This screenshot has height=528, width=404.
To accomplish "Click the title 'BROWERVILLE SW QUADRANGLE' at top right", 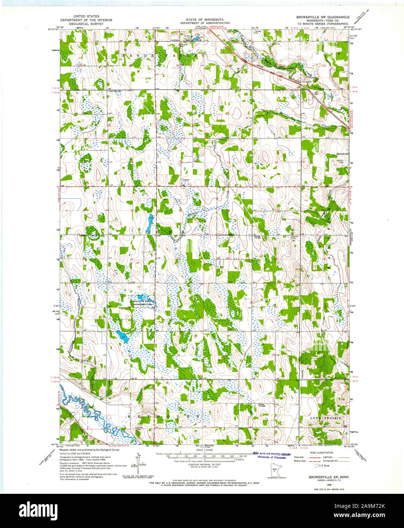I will pos(323,17).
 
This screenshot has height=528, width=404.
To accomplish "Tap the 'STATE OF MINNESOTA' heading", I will pos(204,19).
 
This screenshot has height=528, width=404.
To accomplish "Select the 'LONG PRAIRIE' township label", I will pos(324,418).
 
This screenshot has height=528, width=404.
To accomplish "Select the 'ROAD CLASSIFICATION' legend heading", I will pos(322,453).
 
